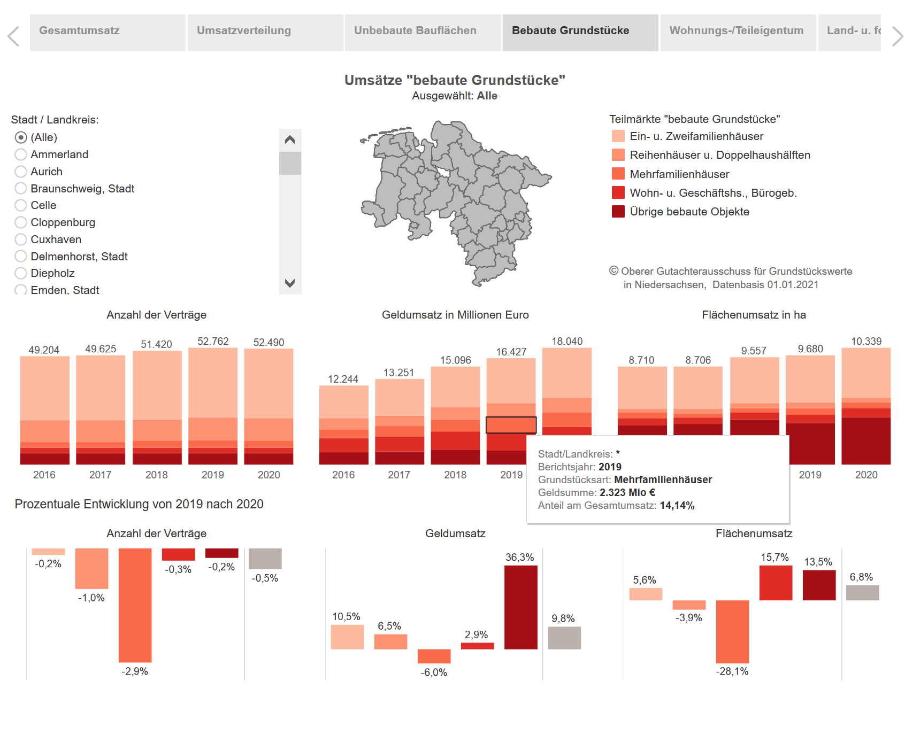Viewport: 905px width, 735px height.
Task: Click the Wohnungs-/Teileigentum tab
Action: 737,31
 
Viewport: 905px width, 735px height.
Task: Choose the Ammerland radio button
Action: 21,154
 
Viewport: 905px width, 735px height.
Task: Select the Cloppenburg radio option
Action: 21,222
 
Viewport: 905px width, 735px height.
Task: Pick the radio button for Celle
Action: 21,205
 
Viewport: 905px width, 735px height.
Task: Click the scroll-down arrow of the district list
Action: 290,283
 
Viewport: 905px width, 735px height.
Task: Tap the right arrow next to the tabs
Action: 898,36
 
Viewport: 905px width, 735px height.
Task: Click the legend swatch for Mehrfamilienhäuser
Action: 618,174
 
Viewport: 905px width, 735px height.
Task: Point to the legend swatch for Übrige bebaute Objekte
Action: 618,212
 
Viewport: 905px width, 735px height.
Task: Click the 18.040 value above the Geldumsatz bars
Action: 567,342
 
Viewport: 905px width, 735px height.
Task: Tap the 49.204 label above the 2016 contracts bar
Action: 44,350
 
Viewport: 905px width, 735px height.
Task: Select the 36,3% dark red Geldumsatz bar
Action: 520,607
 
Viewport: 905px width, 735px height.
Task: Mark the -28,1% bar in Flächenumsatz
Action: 732,631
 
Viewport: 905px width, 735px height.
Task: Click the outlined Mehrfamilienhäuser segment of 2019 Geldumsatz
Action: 511,425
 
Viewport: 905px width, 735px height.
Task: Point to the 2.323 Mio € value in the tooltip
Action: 627,493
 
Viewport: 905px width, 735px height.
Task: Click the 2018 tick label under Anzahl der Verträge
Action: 156,475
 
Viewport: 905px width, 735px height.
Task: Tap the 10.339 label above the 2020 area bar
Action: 866,342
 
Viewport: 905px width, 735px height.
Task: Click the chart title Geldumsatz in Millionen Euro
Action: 455,315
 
